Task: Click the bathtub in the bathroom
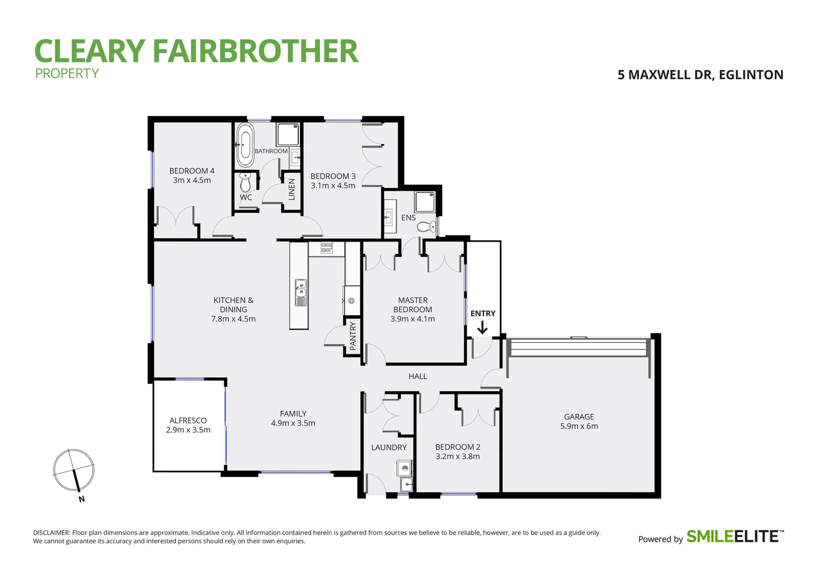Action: tap(245, 145)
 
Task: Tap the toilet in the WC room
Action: tap(245, 183)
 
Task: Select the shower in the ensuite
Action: tap(425, 201)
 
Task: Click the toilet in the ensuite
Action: tap(427, 227)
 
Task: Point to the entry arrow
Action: tap(482, 328)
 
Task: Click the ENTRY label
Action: tap(483, 314)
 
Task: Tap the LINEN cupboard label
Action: tap(291, 190)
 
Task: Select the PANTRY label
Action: tap(352, 336)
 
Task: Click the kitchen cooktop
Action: tap(326, 247)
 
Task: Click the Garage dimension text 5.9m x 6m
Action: tap(579, 426)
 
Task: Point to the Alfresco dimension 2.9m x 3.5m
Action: tap(188, 430)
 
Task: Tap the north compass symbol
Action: tap(74, 471)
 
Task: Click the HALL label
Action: tap(418, 377)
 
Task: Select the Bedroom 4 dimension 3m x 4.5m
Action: tap(191, 181)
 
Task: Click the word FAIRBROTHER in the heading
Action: tap(255, 51)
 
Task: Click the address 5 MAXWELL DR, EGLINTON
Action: tap(700, 75)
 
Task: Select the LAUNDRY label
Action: tap(389, 448)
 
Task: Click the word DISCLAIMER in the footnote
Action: tap(51, 533)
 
